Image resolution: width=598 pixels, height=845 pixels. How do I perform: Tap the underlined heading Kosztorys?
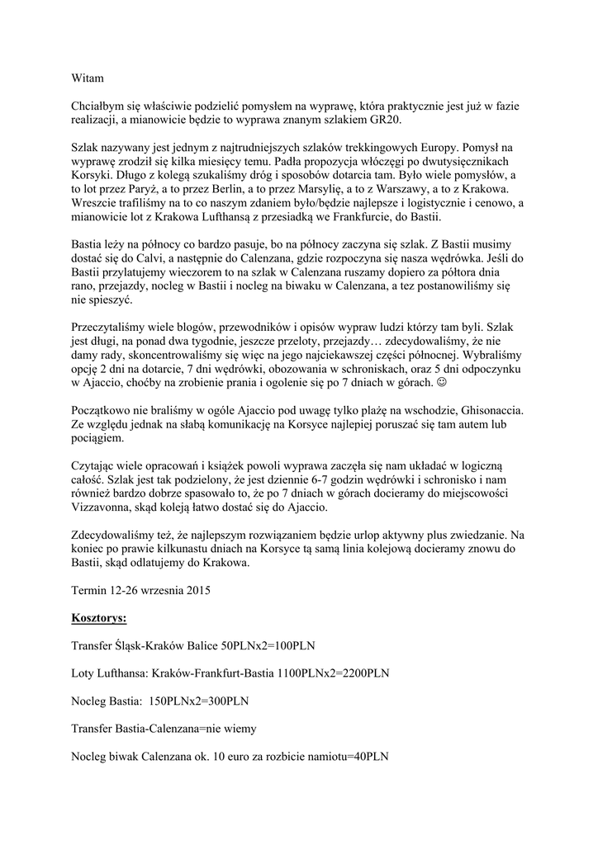coord(98,617)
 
